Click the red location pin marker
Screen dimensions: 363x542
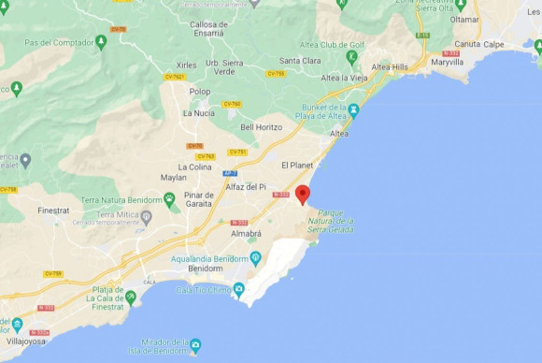point(302,195)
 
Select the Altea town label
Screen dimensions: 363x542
point(339,134)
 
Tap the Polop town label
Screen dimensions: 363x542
point(200,92)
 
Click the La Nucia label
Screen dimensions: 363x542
point(198,113)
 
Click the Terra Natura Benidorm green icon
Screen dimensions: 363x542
point(169,198)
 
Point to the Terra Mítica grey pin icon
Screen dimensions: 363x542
point(147,216)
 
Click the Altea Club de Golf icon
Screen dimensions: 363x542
point(351,55)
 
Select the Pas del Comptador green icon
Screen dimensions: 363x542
point(101,42)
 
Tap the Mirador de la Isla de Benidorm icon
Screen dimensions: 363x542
point(195,344)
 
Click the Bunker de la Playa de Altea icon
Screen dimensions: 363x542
point(354,110)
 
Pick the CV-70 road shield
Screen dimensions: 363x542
point(118,29)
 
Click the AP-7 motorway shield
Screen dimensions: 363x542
point(231,174)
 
